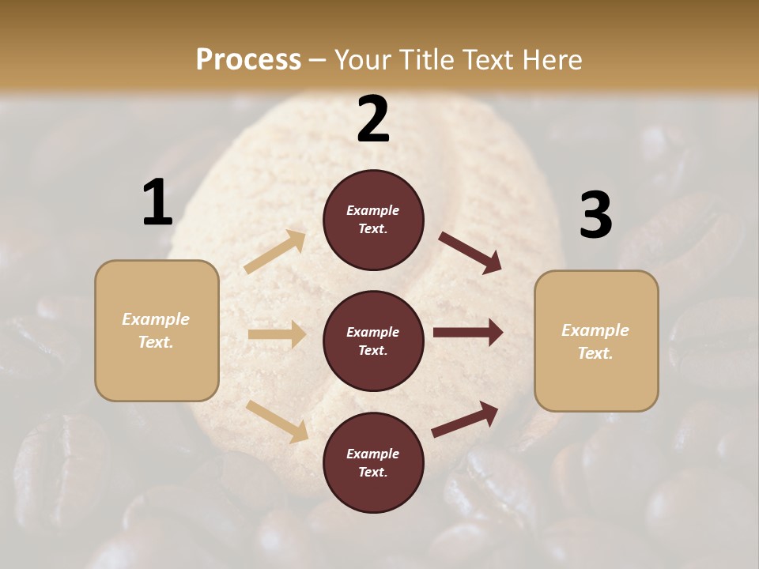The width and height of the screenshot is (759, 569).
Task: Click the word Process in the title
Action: point(248,60)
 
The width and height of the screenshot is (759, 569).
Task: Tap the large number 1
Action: point(157,202)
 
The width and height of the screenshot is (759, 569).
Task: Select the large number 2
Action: point(373,119)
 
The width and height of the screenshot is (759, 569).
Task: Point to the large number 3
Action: point(595,216)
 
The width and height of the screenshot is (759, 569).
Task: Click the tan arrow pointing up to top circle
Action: point(275,252)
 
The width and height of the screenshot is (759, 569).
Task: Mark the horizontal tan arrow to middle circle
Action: point(277,334)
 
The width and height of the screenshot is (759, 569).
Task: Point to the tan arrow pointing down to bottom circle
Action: point(277,420)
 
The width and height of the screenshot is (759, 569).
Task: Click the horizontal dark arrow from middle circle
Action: point(468,333)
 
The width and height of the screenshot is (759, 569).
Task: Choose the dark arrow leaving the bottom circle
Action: point(465,420)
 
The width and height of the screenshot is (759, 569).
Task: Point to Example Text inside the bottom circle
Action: point(373,463)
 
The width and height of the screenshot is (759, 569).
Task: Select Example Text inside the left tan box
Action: point(156,330)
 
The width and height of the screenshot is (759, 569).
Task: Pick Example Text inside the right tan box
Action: point(595,341)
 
